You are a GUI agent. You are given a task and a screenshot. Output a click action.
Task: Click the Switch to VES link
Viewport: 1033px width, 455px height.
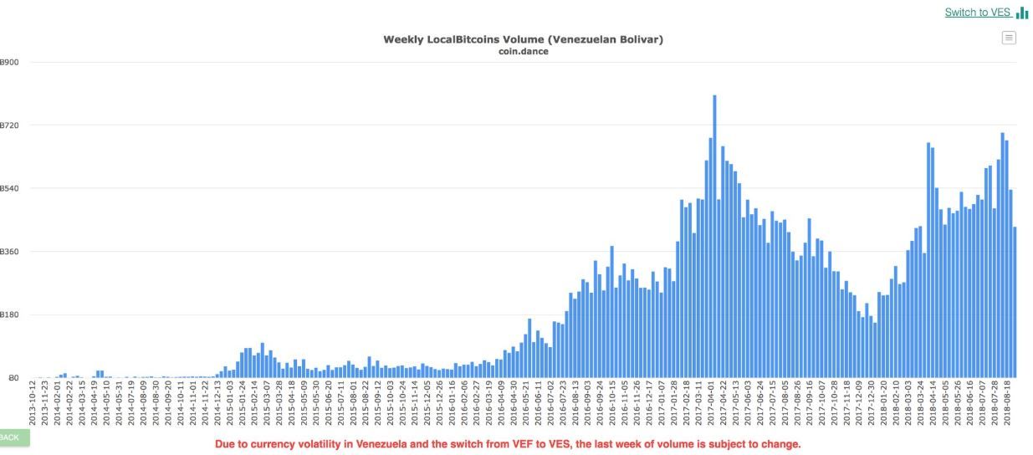pos(977,13)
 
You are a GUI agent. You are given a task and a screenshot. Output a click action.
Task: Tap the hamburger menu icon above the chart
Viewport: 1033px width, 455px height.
pos(1009,38)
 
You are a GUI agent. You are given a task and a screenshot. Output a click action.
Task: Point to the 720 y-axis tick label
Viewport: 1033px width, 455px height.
pos(10,125)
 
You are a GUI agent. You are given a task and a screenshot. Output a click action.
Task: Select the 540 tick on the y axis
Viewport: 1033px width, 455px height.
pos(10,189)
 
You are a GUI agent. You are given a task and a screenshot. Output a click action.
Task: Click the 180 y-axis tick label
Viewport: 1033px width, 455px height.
pos(10,315)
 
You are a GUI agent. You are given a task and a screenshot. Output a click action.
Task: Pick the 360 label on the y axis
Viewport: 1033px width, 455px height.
pos(10,252)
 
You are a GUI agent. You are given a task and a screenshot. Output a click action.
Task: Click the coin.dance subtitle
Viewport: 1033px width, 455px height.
pos(523,52)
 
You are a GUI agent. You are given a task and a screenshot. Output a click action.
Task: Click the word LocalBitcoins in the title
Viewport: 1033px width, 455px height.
pos(462,39)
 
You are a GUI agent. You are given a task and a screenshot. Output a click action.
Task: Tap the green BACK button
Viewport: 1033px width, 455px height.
pos(12,437)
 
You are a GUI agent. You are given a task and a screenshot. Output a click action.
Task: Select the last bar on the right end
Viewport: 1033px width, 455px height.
pos(1015,302)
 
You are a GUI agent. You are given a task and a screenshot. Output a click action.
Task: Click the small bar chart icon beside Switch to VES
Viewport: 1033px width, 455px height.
pos(1022,13)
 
